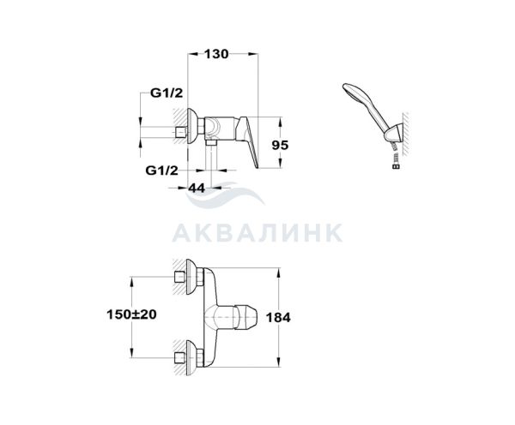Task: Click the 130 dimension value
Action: (x=216, y=54)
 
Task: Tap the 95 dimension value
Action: (x=280, y=145)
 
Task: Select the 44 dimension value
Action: (x=197, y=188)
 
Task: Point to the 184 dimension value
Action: (x=278, y=317)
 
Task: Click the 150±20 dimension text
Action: (x=131, y=314)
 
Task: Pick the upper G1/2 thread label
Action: (x=167, y=93)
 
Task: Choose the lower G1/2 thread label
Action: (x=162, y=171)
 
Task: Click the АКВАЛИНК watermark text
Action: (x=257, y=233)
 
